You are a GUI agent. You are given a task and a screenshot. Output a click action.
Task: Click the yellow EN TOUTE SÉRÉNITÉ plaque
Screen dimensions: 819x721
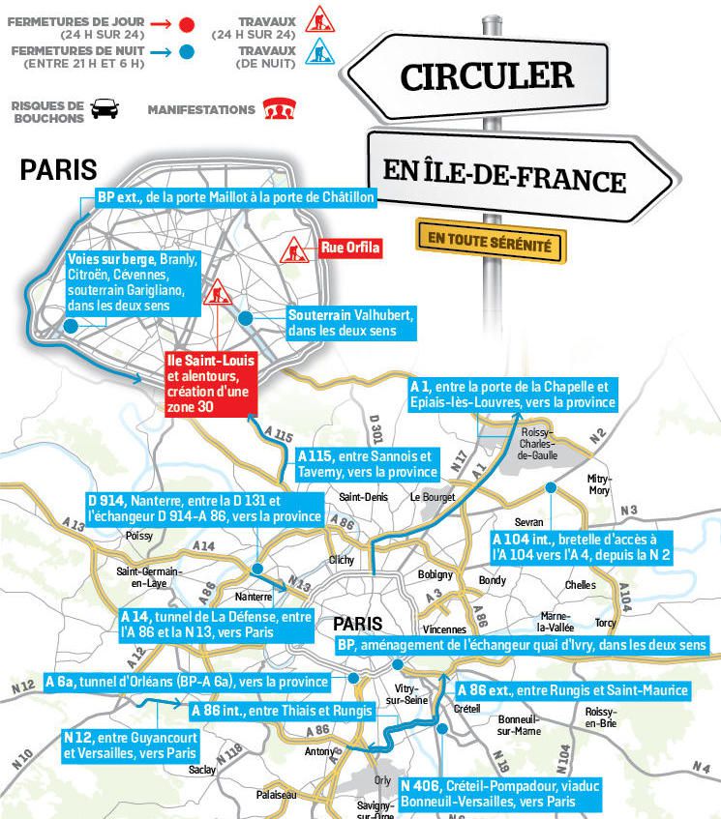[490, 241]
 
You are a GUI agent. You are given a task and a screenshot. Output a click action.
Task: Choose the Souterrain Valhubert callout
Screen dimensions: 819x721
[351, 324]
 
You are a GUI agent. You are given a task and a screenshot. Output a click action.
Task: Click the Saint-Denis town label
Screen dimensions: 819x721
[357, 498]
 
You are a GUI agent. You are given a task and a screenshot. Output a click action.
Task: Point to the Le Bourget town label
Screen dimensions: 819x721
[432, 498]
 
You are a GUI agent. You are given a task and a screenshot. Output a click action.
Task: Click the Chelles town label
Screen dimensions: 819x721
[581, 585]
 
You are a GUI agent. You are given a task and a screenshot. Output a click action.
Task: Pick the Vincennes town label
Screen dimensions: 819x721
[444, 629]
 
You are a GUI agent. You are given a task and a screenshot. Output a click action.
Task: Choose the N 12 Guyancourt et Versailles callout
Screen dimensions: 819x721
[132, 744]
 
